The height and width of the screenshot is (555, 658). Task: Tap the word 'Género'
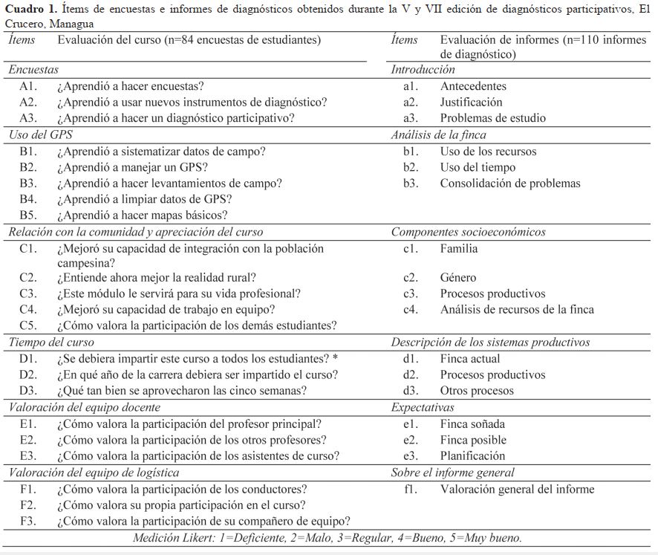[x=458, y=278]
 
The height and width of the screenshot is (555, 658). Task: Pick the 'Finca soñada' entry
[x=472, y=424]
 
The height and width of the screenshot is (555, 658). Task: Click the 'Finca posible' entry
[x=472, y=440]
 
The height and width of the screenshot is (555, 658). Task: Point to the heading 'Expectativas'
[x=423, y=408]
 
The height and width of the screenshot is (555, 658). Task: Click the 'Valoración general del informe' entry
[x=517, y=489]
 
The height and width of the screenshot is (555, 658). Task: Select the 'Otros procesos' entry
[x=477, y=391]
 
